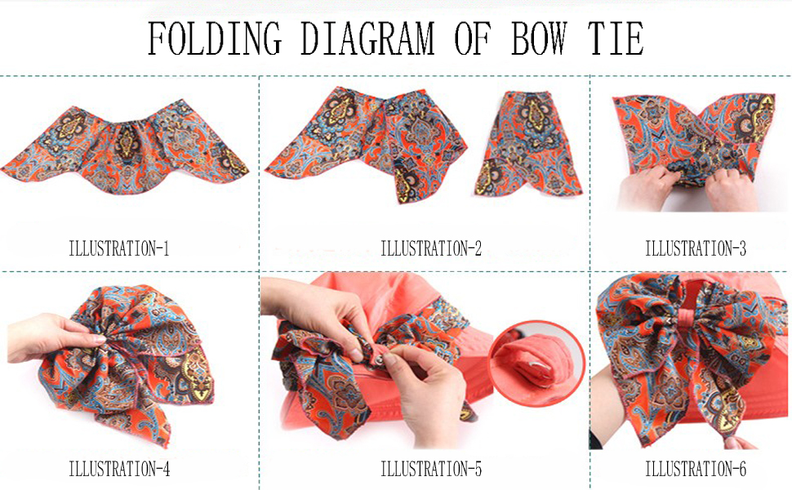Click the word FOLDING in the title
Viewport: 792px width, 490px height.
[x=215, y=38]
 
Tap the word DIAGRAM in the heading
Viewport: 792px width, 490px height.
[x=367, y=38]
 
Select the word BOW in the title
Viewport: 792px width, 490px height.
[x=539, y=38]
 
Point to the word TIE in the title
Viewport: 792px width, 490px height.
[x=615, y=38]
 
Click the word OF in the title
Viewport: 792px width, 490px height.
[x=472, y=38]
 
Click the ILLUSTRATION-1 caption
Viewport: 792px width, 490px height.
[x=118, y=248]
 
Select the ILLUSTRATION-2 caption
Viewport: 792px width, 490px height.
[x=431, y=248]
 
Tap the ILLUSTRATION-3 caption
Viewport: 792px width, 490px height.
[x=695, y=248]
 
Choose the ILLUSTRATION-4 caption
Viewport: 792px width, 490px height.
[x=119, y=469]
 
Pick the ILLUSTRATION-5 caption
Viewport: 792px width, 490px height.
[x=431, y=469]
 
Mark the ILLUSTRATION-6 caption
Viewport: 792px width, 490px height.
[x=695, y=469]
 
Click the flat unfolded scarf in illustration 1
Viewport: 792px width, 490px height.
[x=125, y=147]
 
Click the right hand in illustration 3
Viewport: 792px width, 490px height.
[x=730, y=190]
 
